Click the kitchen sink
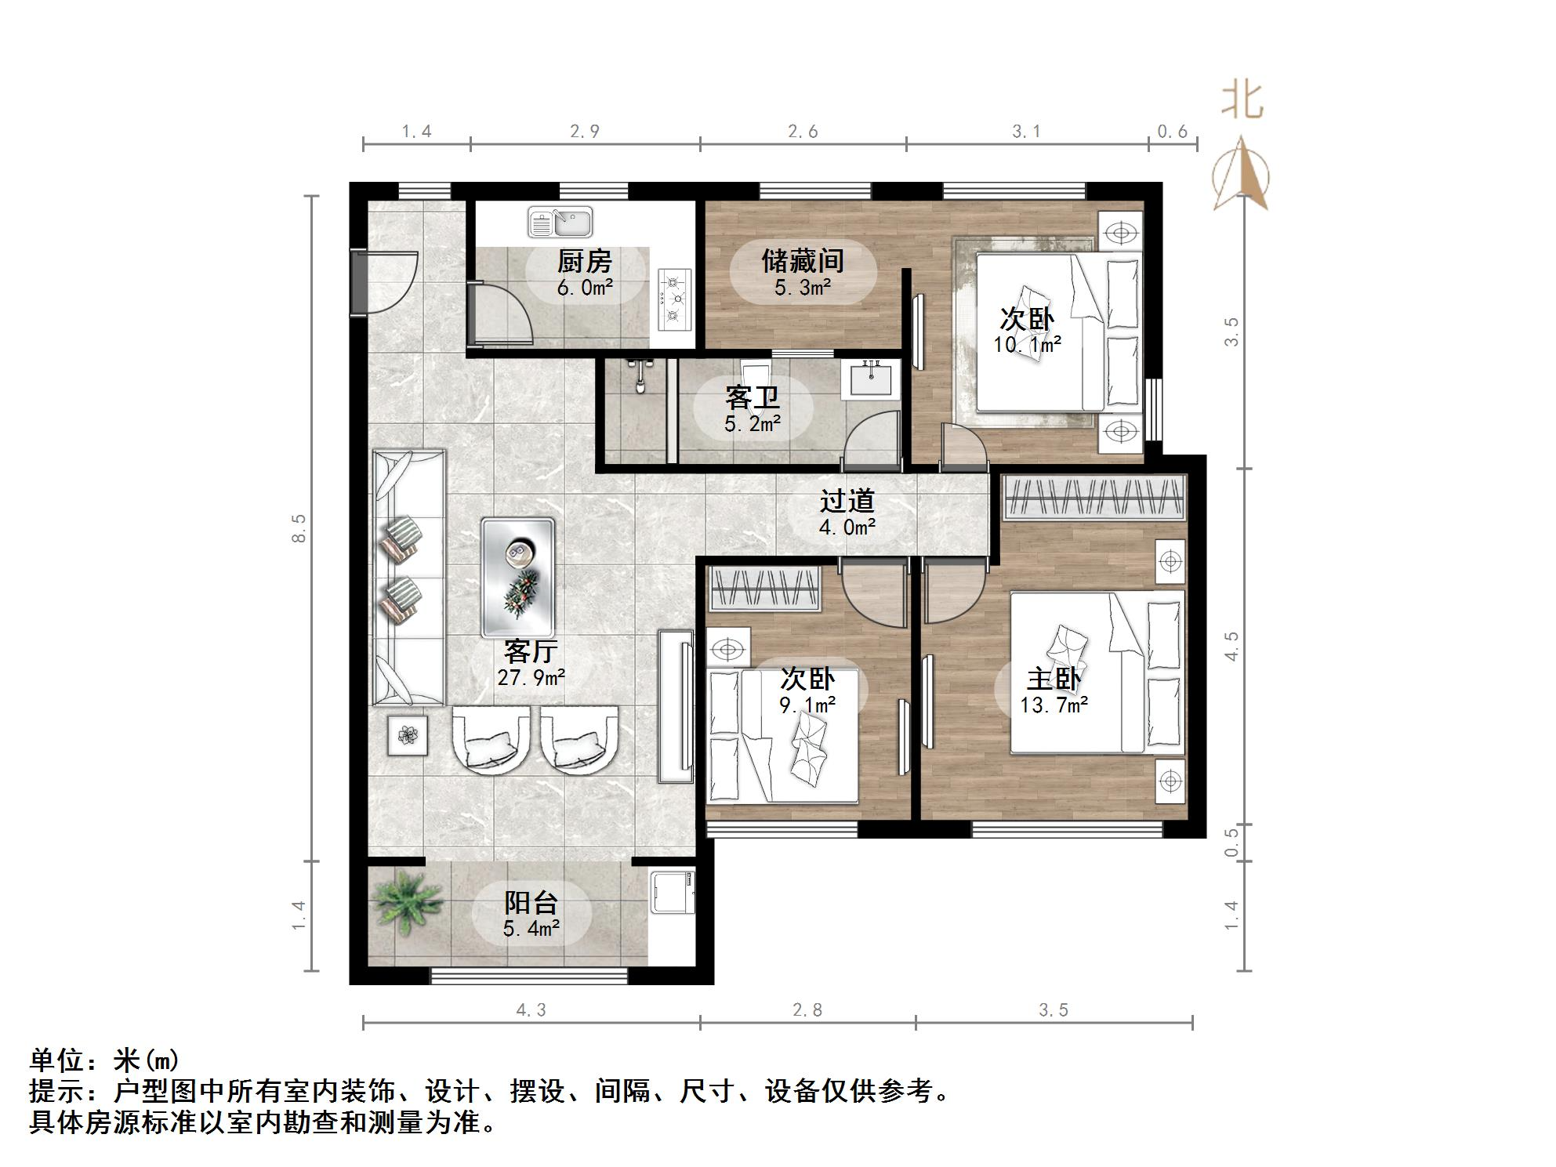pos(560,222)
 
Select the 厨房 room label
pos(585,261)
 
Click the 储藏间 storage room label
pos(803,261)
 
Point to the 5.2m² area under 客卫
pos(753,424)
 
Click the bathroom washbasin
pos(872,381)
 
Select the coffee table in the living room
pos(518,577)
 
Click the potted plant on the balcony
pos(407,901)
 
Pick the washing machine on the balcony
pos(673,891)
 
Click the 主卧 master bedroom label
pos(1054,679)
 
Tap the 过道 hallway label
pos(847,501)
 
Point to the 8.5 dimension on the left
pos(299,528)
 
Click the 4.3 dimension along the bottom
pos(531,1010)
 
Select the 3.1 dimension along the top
pos(1026,132)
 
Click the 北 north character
pos(1242,100)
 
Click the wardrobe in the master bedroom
pos(1094,497)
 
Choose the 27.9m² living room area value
pos(531,677)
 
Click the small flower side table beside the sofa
pos(407,735)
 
